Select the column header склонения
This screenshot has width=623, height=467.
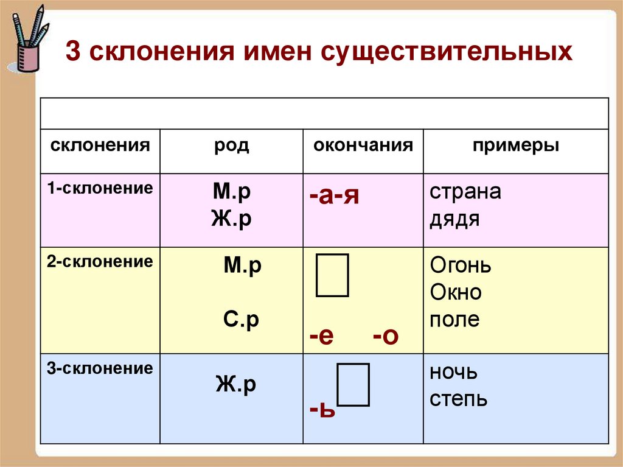point(100,146)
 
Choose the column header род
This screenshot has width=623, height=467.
point(231,147)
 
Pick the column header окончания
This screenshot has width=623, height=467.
point(363,146)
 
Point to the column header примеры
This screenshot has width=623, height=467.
point(516,147)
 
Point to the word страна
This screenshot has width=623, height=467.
point(465,192)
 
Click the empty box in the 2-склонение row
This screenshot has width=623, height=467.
point(332,276)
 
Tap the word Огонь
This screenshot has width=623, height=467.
point(460,266)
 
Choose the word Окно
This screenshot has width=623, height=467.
point(455,293)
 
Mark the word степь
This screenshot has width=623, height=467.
point(458,399)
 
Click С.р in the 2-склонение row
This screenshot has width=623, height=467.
point(240,320)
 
